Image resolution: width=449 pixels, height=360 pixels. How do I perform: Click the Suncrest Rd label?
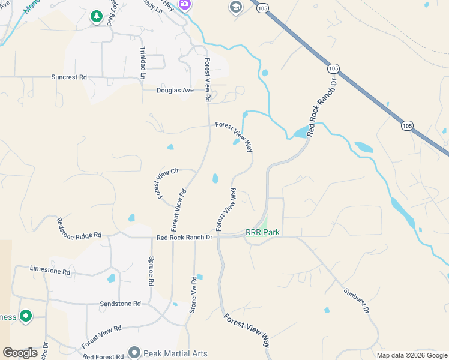[x=69, y=77]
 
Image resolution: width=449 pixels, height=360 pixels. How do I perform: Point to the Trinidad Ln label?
[x=143, y=63]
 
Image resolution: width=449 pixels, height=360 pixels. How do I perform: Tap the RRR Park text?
[x=263, y=232]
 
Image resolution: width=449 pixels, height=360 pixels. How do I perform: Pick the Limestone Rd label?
[x=50, y=271]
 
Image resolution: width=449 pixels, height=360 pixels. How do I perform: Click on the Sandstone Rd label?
[x=120, y=304]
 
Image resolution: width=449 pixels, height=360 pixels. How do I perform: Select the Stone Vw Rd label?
[x=193, y=295]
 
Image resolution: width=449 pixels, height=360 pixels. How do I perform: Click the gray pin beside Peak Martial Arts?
[x=134, y=352]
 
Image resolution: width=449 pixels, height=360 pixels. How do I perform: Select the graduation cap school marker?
[x=235, y=7]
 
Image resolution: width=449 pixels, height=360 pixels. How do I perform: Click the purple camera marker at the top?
[x=185, y=5]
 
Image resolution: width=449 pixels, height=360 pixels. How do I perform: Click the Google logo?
[x=20, y=353]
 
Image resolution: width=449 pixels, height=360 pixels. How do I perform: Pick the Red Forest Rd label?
[x=104, y=357]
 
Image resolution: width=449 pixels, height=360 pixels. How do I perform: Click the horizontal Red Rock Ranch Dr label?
[x=184, y=238]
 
